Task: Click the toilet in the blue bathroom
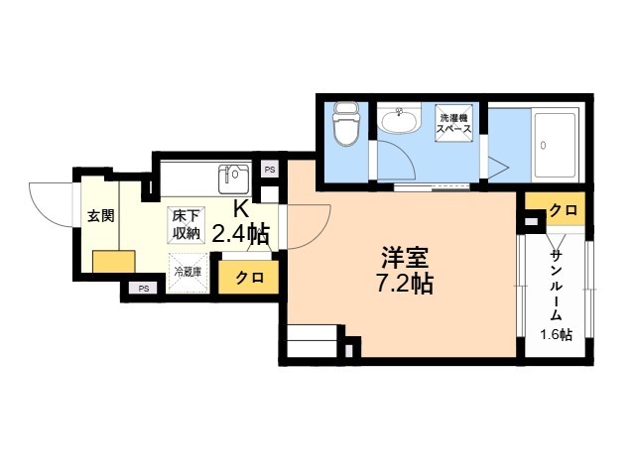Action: (345, 125)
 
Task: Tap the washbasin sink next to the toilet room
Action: (399, 120)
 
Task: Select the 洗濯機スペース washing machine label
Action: (454, 124)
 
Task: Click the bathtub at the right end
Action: (556, 145)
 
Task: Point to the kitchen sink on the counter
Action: (234, 178)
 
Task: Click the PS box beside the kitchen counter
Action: (270, 170)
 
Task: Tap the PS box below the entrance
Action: (143, 289)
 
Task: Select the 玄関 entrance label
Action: (101, 216)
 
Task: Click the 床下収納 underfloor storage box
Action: (187, 225)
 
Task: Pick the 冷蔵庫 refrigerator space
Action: (188, 273)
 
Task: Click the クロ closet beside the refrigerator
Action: (248, 277)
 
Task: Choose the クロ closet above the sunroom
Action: (564, 210)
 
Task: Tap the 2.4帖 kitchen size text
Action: (240, 234)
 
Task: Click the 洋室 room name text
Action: (405, 257)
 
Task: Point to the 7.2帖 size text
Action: (405, 284)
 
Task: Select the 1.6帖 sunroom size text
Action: (556, 335)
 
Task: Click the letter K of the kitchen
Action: (240, 209)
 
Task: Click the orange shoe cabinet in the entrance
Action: (114, 262)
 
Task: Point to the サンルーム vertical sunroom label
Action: (557, 285)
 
